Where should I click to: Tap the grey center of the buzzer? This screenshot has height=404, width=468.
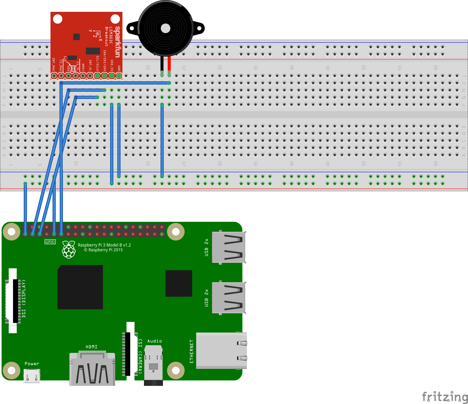click(166, 29)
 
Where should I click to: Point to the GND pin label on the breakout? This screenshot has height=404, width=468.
click(119, 68)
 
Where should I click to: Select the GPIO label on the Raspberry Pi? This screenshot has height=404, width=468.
click(50, 242)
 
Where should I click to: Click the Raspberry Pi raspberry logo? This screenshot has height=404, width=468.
click(69, 249)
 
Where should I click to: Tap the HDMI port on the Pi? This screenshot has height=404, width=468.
click(92, 369)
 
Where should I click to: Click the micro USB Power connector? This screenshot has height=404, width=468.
click(32, 376)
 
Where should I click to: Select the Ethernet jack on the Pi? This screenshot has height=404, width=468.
click(221, 351)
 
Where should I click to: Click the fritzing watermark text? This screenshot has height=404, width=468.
click(445, 397)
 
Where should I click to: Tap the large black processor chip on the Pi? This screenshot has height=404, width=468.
click(80, 287)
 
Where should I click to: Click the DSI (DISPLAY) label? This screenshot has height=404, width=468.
click(24, 298)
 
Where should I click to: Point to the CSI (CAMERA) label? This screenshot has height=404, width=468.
click(140, 356)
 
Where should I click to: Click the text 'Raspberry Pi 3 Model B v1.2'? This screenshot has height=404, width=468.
click(104, 245)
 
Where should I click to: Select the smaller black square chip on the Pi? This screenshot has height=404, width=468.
click(179, 283)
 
